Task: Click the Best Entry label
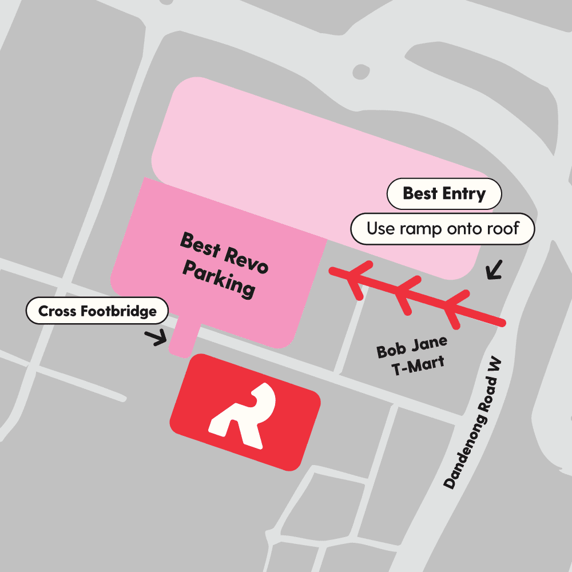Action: (444, 194)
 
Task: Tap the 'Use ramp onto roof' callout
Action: (442, 229)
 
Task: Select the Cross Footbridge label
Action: (97, 312)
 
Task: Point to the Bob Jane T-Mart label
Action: (412, 356)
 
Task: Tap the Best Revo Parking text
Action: (223, 264)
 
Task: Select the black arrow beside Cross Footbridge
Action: (156, 337)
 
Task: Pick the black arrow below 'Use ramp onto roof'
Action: (494, 269)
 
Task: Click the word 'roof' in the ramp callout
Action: (500, 229)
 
